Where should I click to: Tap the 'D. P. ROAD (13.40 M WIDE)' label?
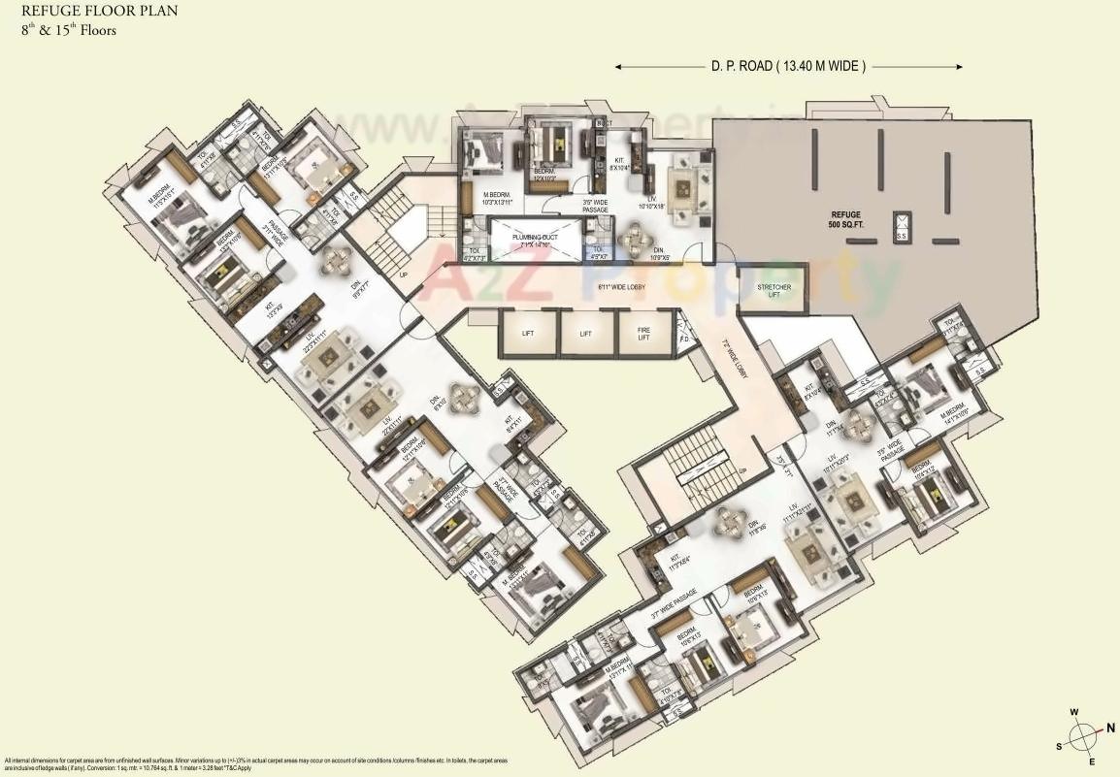788,67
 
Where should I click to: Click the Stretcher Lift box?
773,292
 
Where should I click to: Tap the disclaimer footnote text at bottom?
252,764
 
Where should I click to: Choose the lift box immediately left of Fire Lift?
586,333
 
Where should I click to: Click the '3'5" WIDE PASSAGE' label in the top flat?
595,206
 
